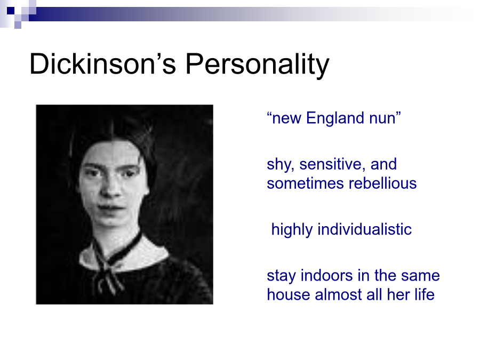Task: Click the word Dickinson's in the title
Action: (102, 64)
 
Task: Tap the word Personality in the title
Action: (258, 66)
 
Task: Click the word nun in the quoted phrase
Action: (382, 119)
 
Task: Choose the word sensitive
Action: (332, 165)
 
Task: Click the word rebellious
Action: (382, 183)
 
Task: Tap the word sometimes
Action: (305, 183)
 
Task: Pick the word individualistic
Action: (365, 229)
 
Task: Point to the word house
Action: (289, 294)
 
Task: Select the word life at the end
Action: (425, 294)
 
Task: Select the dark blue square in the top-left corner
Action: (11, 11)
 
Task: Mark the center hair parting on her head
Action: (113, 132)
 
